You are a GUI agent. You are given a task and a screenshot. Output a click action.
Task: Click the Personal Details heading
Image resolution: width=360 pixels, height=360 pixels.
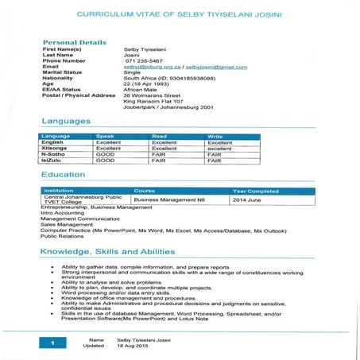coord(74,41)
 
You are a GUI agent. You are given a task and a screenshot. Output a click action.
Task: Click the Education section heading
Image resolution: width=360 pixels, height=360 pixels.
coord(64,174)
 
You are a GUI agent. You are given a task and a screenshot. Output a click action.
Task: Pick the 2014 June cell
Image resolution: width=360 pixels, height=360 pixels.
coord(247,200)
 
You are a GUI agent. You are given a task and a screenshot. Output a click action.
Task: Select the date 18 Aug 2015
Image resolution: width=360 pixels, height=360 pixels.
coord(134,346)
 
